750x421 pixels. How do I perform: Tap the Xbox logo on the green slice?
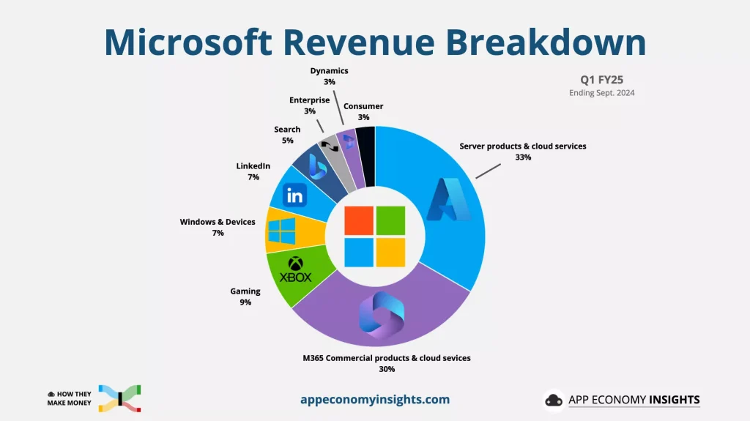[x=296, y=269]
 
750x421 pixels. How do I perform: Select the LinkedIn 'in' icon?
[x=295, y=195]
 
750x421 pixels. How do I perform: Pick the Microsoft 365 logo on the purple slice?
[x=377, y=314]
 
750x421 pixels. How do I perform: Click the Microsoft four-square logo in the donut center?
[x=375, y=236]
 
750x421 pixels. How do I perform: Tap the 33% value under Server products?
[x=522, y=157]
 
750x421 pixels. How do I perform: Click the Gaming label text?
[x=245, y=291]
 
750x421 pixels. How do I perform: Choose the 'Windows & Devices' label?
[x=218, y=222]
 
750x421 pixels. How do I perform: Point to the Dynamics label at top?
[x=329, y=71]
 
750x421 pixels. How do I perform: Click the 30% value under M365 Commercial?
[x=387, y=369]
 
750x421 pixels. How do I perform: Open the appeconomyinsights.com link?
[x=375, y=400]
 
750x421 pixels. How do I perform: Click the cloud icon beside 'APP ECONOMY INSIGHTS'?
[x=554, y=400]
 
